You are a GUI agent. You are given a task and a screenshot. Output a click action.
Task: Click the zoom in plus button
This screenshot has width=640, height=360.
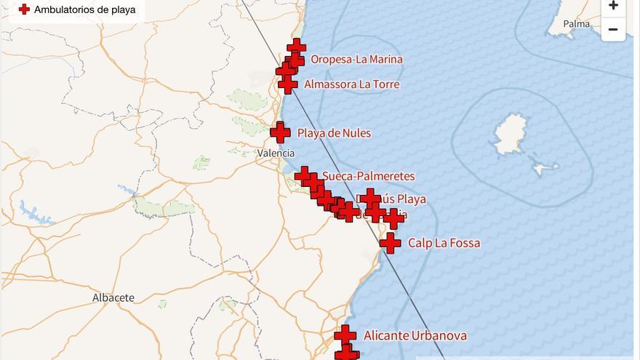[613, 6]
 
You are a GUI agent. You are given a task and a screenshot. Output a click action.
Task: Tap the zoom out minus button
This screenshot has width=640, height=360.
[613, 29]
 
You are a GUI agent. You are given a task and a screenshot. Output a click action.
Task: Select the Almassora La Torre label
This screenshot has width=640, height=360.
[351, 84]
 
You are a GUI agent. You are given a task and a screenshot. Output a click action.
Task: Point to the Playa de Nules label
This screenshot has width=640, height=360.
[334, 133]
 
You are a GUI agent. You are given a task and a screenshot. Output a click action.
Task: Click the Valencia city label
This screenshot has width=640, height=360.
[276, 153]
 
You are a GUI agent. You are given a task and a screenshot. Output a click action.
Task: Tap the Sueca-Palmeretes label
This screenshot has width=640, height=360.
[368, 176]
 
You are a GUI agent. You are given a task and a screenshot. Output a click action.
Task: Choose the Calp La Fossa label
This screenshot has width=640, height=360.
[444, 243]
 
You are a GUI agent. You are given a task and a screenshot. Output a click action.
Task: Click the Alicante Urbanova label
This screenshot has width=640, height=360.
[415, 336]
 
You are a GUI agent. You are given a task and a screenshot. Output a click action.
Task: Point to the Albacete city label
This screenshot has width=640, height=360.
[113, 297]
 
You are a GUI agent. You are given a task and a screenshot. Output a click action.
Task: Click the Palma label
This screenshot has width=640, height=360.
[576, 24]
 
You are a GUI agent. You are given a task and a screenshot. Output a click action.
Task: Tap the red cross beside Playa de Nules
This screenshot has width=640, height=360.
[280, 132]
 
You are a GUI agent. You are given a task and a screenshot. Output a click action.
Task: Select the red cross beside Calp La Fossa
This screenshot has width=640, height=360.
[391, 243]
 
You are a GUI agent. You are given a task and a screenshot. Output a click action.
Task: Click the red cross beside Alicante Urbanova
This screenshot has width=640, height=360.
[345, 335]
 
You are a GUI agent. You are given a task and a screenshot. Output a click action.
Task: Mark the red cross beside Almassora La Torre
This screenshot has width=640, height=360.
[288, 84]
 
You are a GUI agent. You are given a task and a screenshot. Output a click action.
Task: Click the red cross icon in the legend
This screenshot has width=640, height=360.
[24, 9]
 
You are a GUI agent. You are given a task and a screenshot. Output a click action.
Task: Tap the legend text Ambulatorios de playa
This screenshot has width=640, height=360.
[84, 9]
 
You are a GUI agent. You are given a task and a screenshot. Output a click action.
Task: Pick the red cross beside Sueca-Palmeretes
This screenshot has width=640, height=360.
[304, 175]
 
